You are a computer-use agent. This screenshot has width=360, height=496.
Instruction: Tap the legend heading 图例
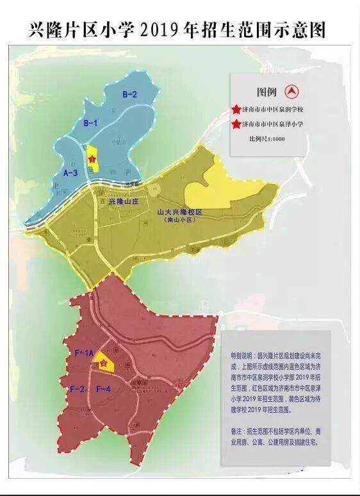point(267,92)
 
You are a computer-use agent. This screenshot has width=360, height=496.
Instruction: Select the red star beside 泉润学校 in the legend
point(238,111)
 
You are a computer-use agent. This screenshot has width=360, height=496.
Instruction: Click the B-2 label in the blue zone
point(130,95)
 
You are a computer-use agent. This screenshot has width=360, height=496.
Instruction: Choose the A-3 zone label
point(70,173)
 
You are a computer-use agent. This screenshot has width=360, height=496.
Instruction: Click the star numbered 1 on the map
point(92,159)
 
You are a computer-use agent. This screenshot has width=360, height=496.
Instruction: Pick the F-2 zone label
point(78,389)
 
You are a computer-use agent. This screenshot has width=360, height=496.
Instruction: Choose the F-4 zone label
point(104,389)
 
